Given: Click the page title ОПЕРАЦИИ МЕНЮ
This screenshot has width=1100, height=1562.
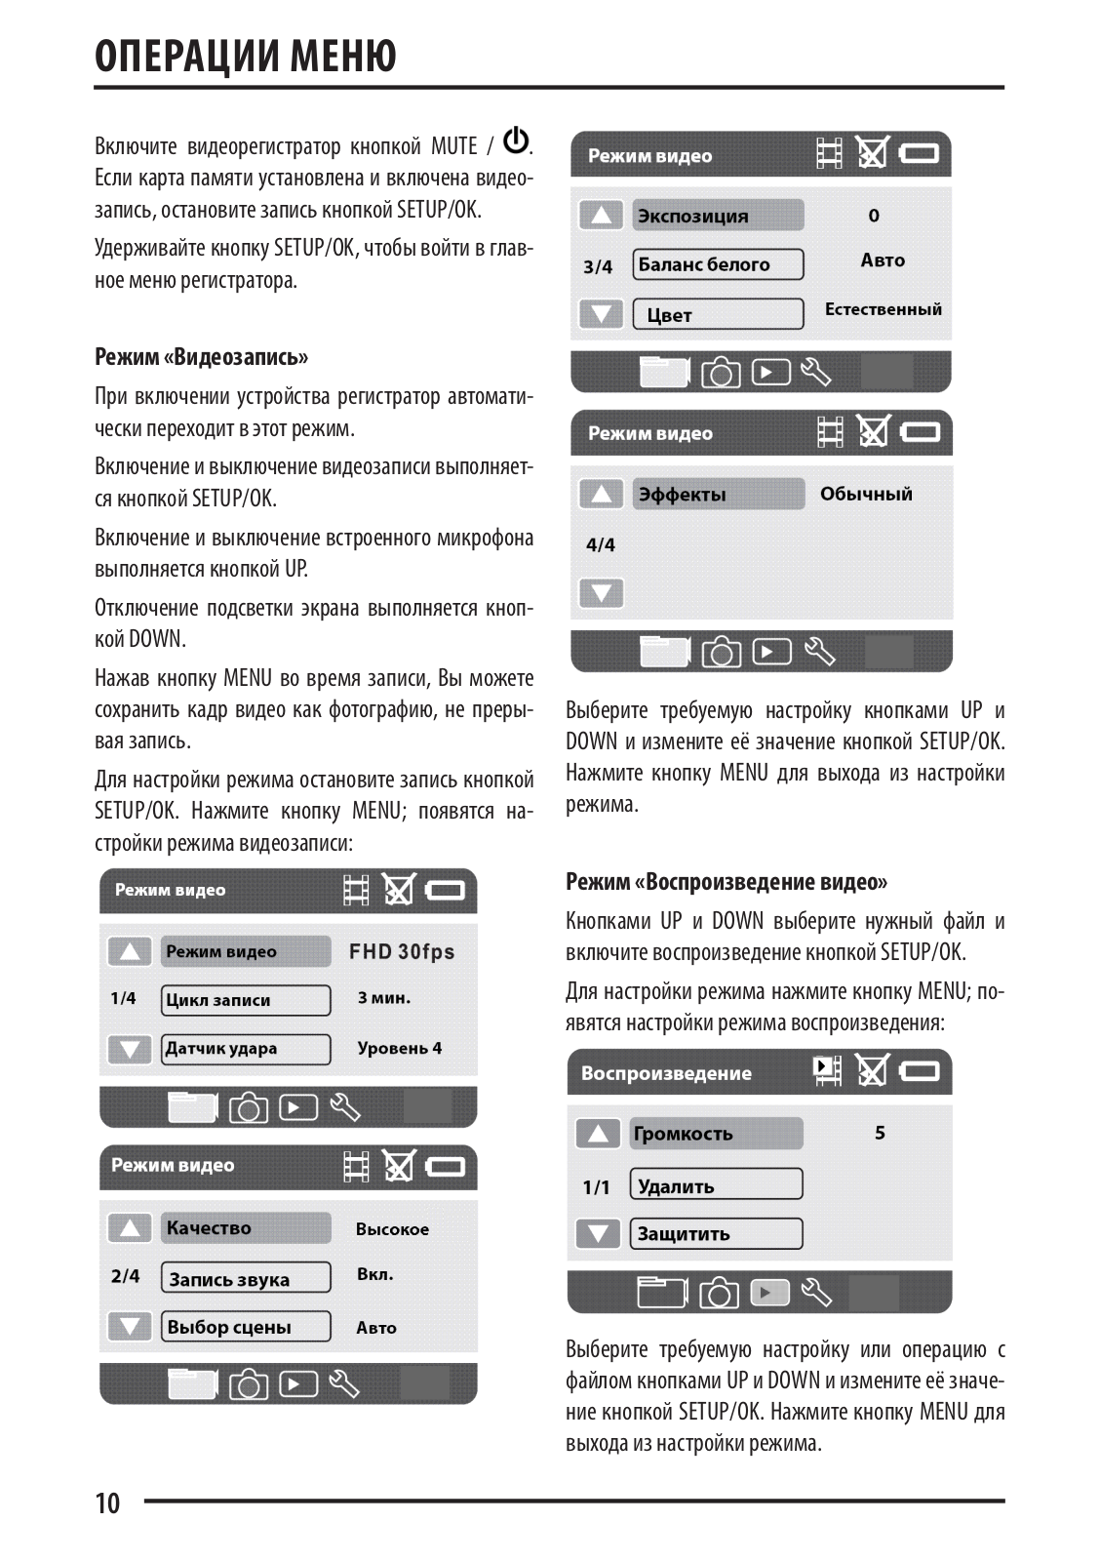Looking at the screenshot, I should [246, 57].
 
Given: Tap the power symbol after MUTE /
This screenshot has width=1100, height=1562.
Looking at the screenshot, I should [516, 142].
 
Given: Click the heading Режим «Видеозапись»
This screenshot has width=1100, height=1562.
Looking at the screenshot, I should [201, 357].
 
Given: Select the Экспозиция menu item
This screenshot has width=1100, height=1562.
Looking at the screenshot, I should [718, 216].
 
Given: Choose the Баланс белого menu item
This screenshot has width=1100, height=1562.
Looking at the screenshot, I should [718, 264].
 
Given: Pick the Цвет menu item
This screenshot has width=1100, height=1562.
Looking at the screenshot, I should [718, 314].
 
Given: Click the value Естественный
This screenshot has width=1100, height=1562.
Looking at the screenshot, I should [883, 309].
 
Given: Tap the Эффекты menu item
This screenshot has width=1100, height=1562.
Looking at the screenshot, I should [718, 495].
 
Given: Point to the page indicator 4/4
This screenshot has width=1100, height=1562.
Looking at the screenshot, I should [601, 544].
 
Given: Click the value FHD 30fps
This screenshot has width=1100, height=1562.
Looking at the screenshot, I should [402, 952].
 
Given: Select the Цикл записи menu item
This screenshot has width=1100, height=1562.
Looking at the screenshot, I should [246, 1000].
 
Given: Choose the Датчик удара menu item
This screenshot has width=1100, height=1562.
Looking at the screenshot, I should [246, 1049].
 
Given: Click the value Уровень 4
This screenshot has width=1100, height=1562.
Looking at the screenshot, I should [399, 1049].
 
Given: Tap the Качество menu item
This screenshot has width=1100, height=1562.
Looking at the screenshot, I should [246, 1228].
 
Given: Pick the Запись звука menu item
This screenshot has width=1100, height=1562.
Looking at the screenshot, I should [246, 1279].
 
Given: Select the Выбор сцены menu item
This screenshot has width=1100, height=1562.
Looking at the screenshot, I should [246, 1327].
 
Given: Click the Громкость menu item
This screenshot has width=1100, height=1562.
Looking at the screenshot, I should [716, 1134].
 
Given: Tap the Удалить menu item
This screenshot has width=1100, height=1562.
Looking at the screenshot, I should [716, 1185].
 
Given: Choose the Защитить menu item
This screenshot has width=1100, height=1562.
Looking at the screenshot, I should [716, 1234].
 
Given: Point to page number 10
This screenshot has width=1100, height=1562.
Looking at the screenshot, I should [107, 1503].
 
